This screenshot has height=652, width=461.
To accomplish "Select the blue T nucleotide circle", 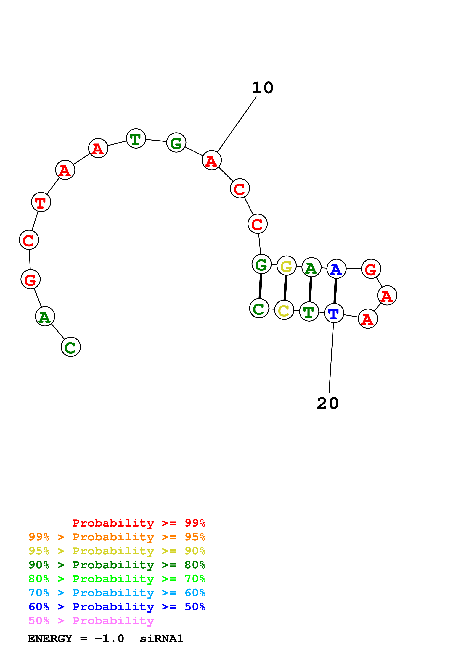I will click(334, 313).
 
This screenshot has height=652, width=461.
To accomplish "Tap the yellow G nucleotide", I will click(286, 266).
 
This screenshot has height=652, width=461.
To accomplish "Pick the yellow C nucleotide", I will click(284, 310).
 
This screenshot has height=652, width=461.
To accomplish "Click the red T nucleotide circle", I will click(41, 202).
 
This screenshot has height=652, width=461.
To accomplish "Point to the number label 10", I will click(262, 88).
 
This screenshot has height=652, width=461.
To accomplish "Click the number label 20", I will click(327, 404).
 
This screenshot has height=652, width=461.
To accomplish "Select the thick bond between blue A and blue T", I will click(335, 291).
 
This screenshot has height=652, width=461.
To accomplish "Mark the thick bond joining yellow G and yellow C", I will click(285, 288).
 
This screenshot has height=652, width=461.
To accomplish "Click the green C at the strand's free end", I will click(71, 347).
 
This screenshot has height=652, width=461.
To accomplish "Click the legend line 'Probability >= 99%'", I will click(139, 523).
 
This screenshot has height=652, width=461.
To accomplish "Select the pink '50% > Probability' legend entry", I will click(91, 620).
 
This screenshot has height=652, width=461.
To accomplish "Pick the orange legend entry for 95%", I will click(117, 537).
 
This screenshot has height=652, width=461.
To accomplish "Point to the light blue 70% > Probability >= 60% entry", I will click(117, 593).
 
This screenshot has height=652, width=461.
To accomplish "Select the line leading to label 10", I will click(237, 124).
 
